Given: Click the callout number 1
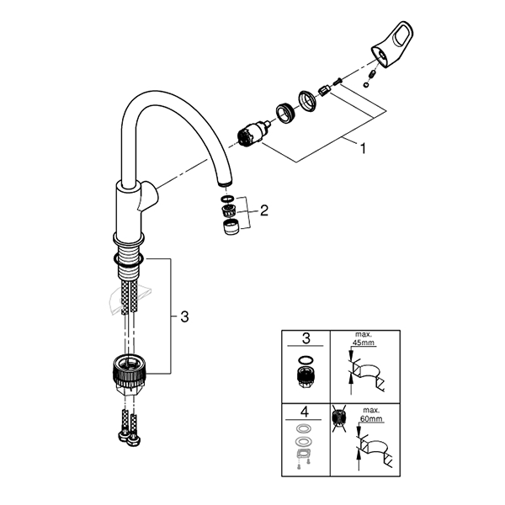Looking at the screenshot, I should pos(363,149).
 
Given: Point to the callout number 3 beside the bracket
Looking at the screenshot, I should pos(184,316).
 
